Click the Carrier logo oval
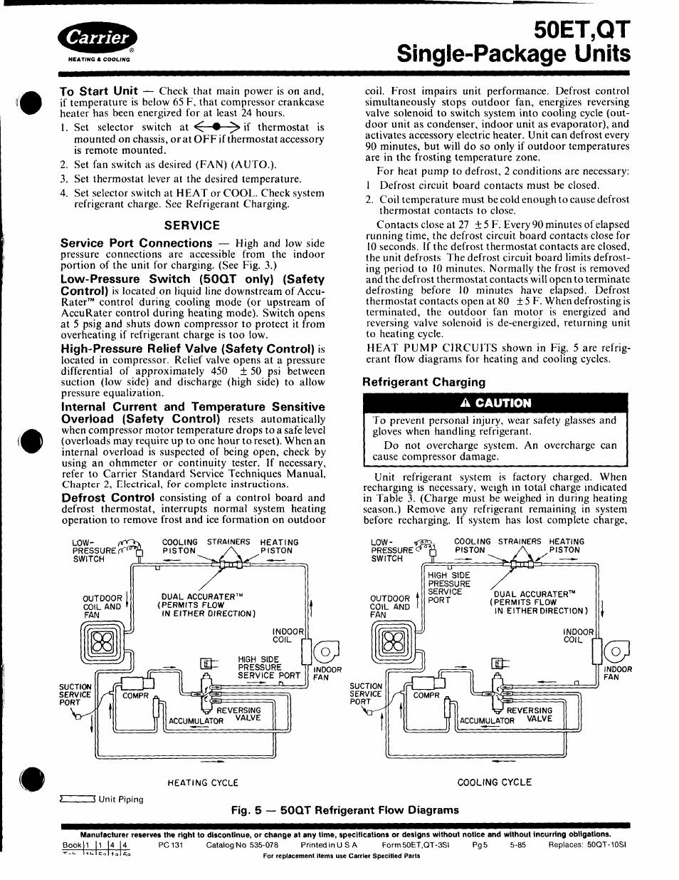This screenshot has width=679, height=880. click(x=100, y=38)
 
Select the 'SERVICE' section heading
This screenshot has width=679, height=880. click(x=192, y=225)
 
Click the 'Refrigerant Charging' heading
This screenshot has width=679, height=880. click(x=424, y=381)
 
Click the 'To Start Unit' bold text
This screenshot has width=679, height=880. click(x=99, y=90)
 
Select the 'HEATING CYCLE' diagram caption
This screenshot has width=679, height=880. click(x=203, y=782)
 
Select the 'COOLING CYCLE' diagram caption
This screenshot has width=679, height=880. click(x=494, y=782)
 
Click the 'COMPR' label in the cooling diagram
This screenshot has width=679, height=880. click(x=426, y=695)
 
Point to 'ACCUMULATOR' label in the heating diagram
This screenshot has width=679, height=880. click(x=196, y=720)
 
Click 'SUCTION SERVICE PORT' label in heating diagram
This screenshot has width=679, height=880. click(x=75, y=695)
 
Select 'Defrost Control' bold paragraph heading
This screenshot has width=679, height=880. click(x=107, y=497)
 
